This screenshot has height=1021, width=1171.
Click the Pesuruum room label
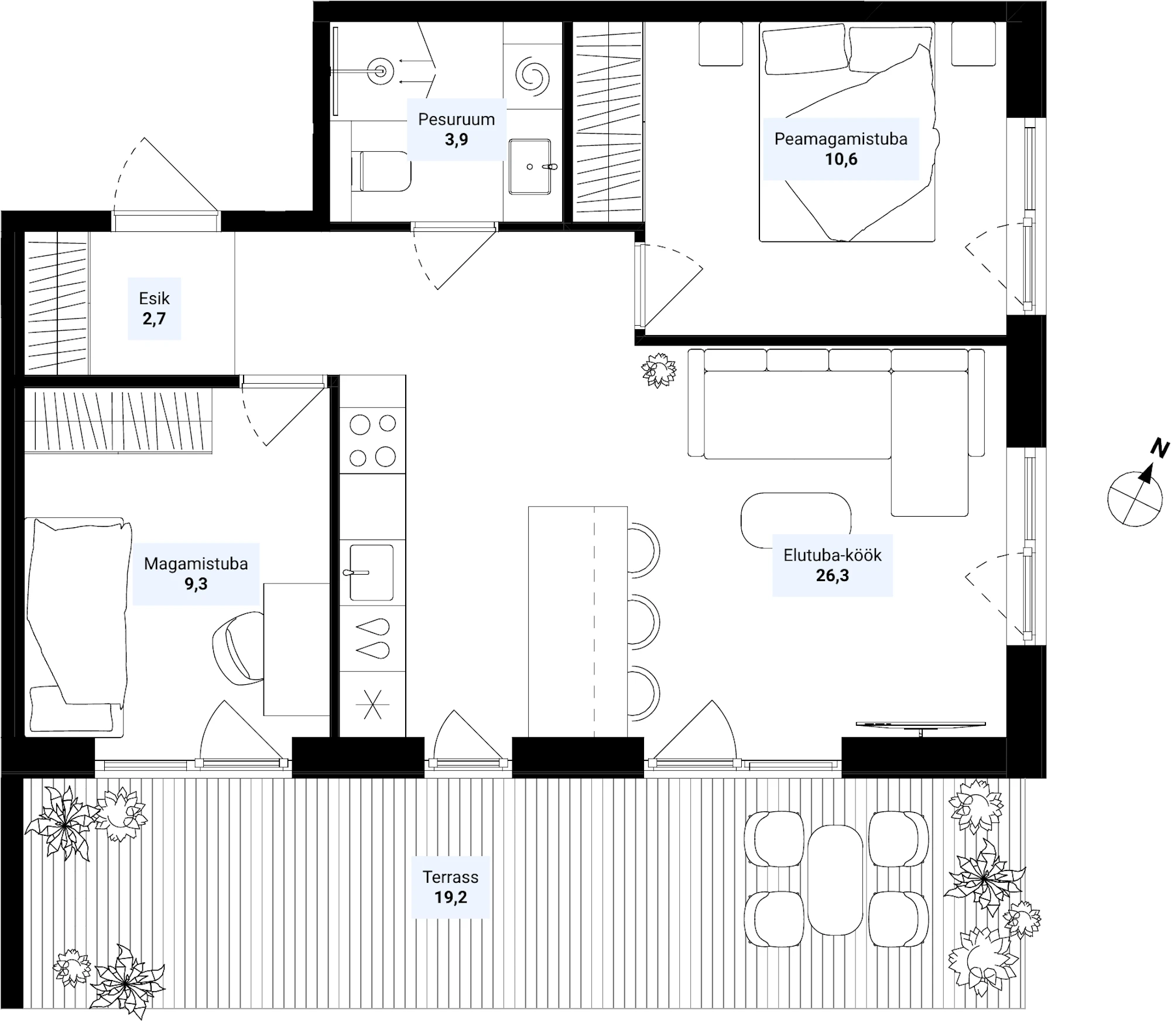pyautogui.click(x=456, y=119)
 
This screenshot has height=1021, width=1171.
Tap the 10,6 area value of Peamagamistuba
pyautogui.click(x=841, y=159)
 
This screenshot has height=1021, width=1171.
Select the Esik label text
pyautogui.click(x=154, y=299)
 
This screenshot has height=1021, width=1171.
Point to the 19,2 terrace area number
pyautogui.click(x=450, y=897)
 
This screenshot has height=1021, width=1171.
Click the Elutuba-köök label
pyautogui.click(x=832, y=555)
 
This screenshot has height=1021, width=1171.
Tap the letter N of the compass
pyautogui.click(x=1159, y=449)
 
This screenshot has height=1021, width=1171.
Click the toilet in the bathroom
pyautogui.click(x=381, y=171)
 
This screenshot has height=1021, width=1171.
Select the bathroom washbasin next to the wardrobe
pyautogui.click(x=530, y=166)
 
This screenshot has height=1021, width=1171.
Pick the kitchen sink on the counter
pyautogui.click(x=371, y=572)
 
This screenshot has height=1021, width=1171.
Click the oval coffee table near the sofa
pyautogui.click(x=796, y=520)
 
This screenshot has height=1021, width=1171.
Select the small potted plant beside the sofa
pyautogui.click(x=659, y=370)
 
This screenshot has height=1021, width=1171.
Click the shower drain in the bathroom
pyautogui.click(x=380, y=71)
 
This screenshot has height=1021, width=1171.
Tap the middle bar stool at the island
pyautogui.click(x=644, y=622)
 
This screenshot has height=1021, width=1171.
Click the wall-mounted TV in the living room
pyautogui.click(x=921, y=726)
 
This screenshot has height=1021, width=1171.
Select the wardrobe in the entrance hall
pyautogui.click(x=57, y=302)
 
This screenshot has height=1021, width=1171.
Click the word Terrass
pyautogui.click(x=450, y=877)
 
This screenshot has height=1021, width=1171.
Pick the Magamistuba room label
pyautogui.click(x=196, y=564)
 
